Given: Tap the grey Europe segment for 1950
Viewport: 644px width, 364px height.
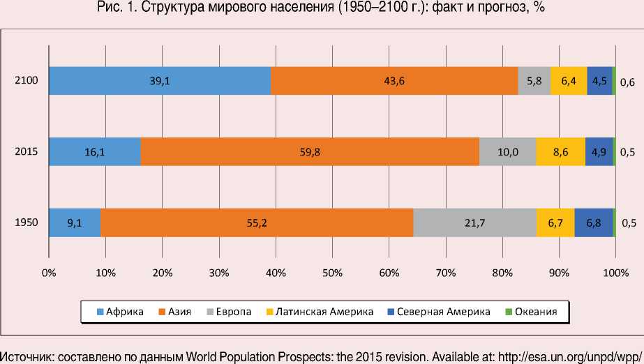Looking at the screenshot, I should click(474, 223).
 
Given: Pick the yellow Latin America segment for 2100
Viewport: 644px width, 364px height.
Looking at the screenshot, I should click(569, 81).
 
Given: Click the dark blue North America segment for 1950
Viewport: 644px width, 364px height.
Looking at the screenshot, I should click(594, 223).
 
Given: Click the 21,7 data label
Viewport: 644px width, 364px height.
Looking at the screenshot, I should click(475, 223).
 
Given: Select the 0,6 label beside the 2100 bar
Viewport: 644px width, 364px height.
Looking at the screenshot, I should click(628, 82).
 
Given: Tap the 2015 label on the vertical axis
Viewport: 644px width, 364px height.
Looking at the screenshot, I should click(26, 151).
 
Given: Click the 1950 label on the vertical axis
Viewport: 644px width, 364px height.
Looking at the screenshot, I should click(26, 223).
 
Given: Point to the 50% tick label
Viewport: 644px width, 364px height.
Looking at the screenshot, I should click(332, 273).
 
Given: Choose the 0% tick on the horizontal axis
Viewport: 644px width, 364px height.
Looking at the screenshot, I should click(49, 273).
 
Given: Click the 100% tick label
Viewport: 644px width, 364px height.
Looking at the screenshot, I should click(615, 273).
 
